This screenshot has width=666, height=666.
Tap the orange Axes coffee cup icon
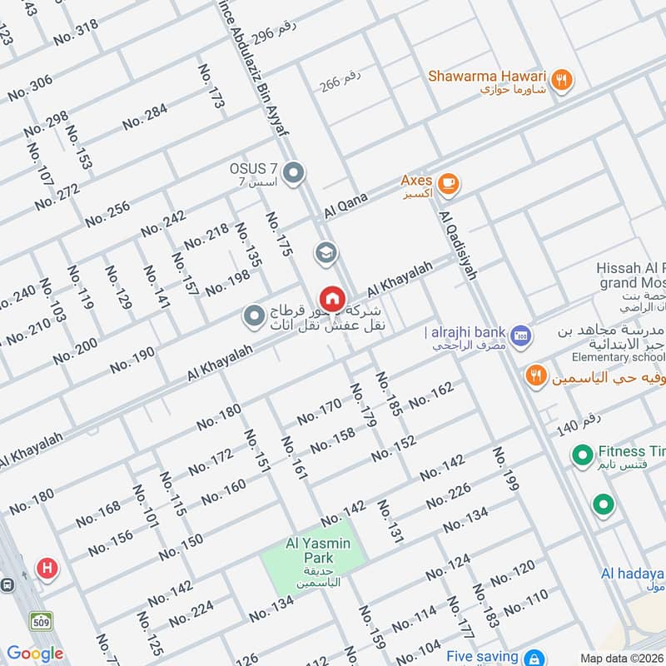pyautogui.click(x=448, y=184)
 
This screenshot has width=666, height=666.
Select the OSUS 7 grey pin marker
pyautogui.click(x=292, y=173)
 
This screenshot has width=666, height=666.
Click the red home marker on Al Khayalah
pyautogui.click(x=331, y=298)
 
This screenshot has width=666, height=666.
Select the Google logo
pyautogui.click(x=35, y=654)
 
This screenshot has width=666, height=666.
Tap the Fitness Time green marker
pyautogui.click(x=581, y=455)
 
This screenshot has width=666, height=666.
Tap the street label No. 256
pyautogui.click(x=107, y=214)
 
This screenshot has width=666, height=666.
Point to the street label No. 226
pyautogui.click(x=449, y=497)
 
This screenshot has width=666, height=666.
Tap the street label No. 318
pyautogui.click(x=75, y=32)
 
